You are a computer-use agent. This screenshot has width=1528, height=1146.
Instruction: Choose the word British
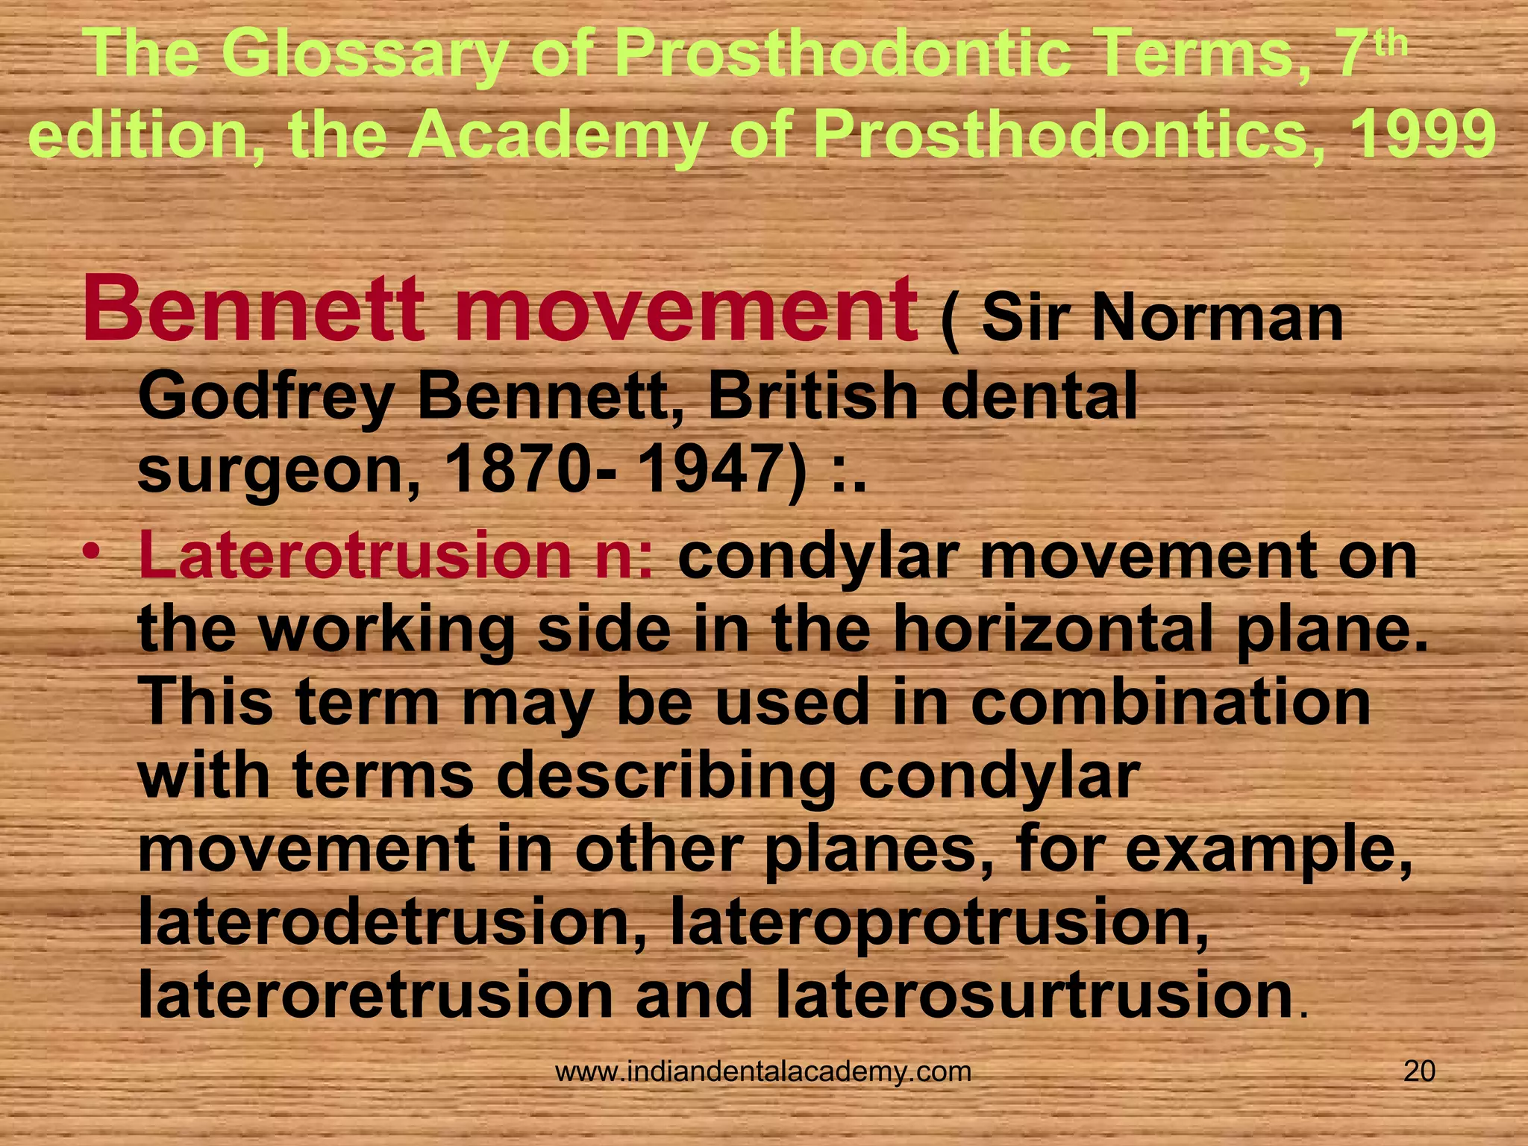point(813,396)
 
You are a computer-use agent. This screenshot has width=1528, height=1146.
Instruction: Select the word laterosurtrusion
point(1033,997)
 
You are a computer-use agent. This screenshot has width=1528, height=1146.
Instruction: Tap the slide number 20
point(1419,1071)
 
